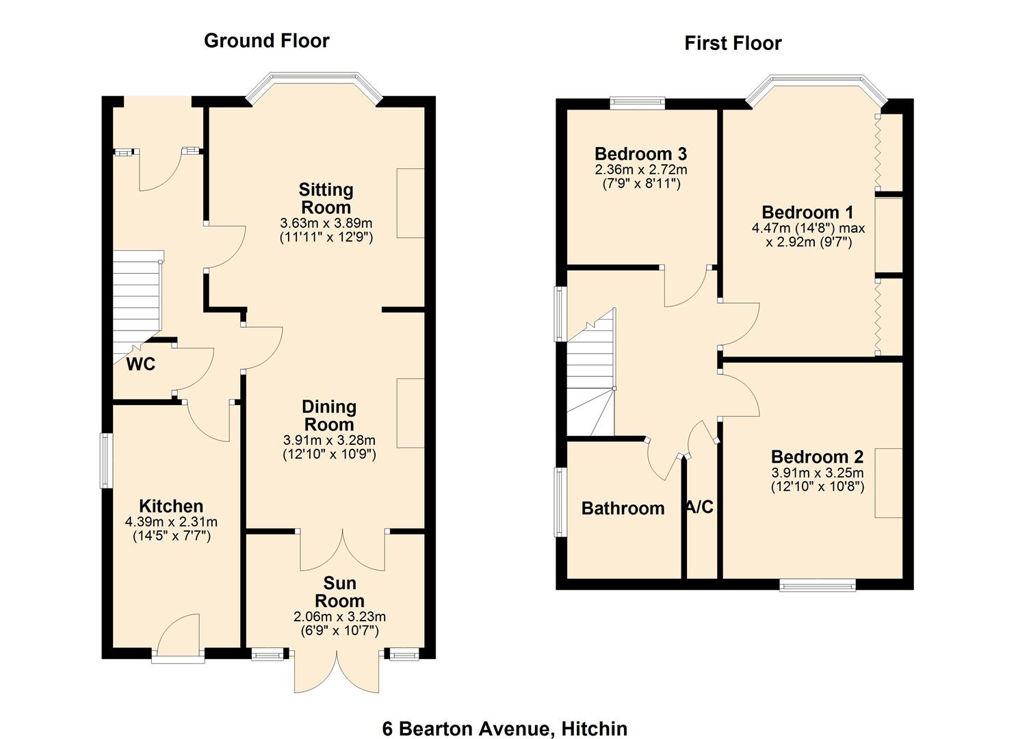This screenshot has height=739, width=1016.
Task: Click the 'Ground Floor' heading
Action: pyautogui.click(x=266, y=41)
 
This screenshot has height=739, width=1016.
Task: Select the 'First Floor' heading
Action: pyautogui.click(x=733, y=44)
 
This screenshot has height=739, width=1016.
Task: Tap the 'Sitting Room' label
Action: pyautogui.click(x=326, y=198)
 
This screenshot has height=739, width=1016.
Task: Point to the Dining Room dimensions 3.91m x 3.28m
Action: pyautogui.click(x=329, y=440)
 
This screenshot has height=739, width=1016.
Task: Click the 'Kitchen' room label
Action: pyautogui.click(x=171, y=506)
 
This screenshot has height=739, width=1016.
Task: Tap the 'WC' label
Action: pyautogui.click(x=140, y=365)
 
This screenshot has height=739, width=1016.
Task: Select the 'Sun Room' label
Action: pyautogui.click(x=339, y=592)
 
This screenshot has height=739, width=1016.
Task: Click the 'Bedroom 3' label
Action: pyautogui.click(x=640, y=153)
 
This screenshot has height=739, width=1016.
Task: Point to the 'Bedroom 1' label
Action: pyautogui.click(x=807, y=212)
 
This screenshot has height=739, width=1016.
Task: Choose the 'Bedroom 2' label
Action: pyautogui.click(x=817, y=456)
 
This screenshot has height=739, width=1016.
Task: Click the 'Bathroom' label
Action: pyautogui.click(x=623, y=508)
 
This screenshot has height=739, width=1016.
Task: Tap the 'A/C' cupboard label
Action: pyautogui.click(x=700, y=507)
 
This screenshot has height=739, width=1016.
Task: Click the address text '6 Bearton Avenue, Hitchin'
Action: pyautogui.click(x=504, y=729)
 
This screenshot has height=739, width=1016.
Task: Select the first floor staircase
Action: pyautogui.click(x=590, y=376)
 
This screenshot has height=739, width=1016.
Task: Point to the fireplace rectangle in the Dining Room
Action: pyautogui.click(x=411, y=413)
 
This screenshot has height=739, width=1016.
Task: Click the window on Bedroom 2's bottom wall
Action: pyautogui.click(x=817, y=584)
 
